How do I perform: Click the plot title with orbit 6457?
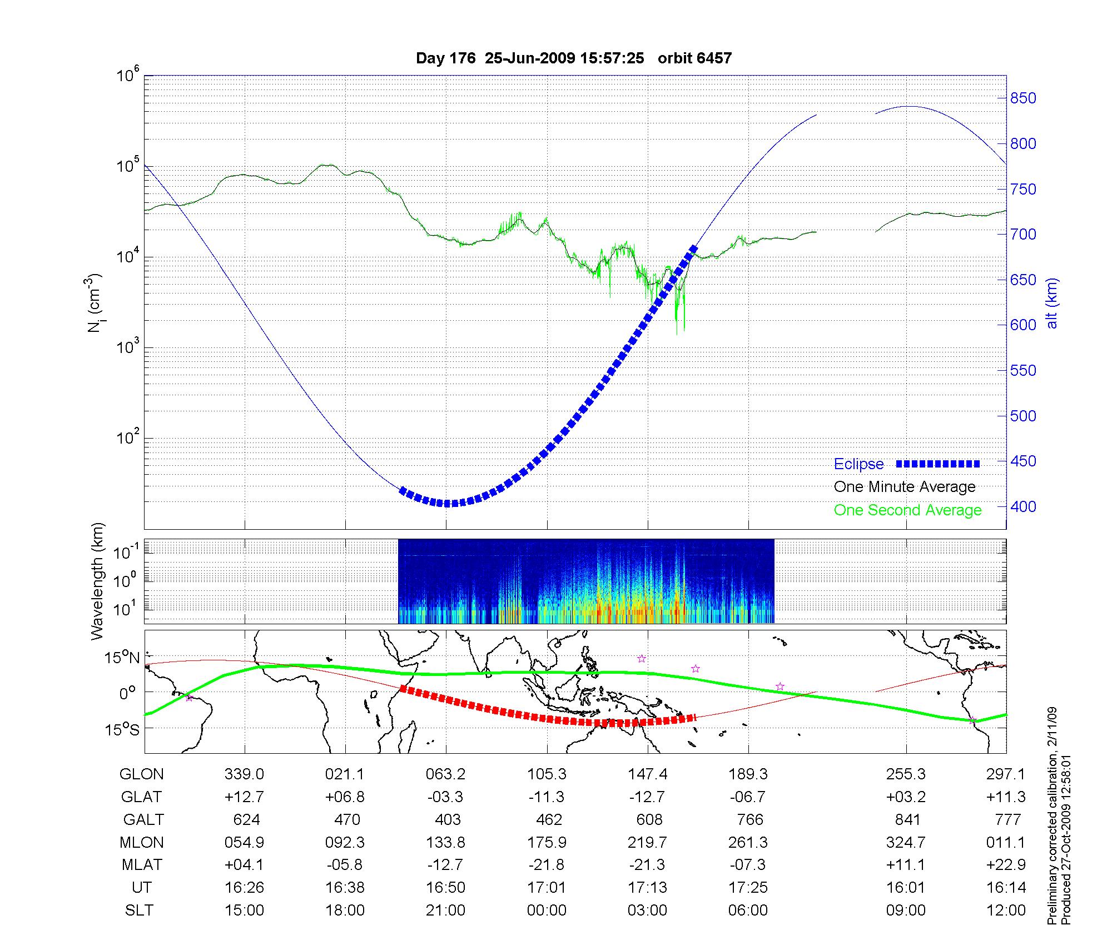click(x=573, y=58)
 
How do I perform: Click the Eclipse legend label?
click(x=858, y=464)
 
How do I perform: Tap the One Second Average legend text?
click(x=907, y=510)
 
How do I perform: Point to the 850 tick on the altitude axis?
click(x=1024, y=98)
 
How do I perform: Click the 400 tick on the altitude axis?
click(x=1024, y=506)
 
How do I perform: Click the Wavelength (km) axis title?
click(x=98, y=581)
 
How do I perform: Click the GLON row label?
click(x=142, y=774)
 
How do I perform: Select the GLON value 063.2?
click(x=445, y=774)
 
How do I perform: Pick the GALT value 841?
click(x=907, y=820)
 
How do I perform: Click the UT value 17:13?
click(x=647, y=888)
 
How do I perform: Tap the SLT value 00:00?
click(x=547, y=911)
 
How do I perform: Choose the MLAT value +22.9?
click(x=1005, y=865)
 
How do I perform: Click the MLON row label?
click(x=142, y=843)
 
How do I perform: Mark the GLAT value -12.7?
click(x=647, y=797)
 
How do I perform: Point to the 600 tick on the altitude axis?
click(x=1024, y=325)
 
